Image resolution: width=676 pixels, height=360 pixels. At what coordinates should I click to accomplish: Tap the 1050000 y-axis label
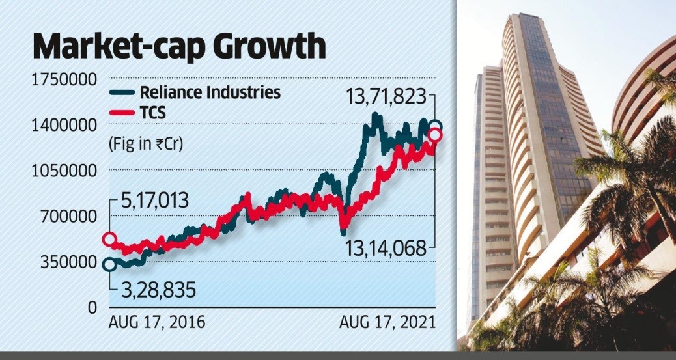63,171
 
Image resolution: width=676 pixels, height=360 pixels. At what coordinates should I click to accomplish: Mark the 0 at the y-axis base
92,307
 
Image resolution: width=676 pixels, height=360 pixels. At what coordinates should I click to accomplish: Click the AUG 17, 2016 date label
156,322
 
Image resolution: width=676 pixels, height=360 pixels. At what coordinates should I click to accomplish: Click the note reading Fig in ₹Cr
146,145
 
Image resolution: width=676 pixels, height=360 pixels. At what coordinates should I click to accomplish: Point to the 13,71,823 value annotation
386,98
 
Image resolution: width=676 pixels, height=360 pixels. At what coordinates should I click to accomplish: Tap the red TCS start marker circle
109,240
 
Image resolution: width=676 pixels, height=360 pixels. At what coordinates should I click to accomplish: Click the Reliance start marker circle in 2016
109,264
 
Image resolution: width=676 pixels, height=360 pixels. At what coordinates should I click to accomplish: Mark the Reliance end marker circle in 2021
434,127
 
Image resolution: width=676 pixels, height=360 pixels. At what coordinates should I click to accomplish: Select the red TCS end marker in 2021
434,135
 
